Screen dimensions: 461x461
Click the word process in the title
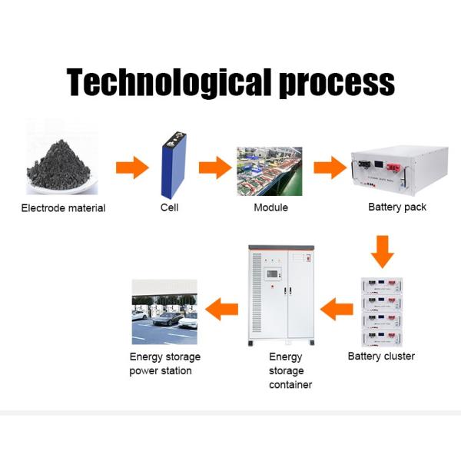coord(337,83)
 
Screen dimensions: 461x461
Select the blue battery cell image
coord(173,165)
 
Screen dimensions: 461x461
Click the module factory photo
coord(268,169)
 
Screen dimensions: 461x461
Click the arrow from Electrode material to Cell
coord(132,167)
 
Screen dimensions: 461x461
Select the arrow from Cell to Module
coord(215,167)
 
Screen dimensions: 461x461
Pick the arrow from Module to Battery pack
coord(330,167)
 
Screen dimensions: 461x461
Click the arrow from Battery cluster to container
coord(337,310)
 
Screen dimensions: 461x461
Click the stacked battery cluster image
coord(382,313)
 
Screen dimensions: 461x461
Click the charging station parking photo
coord(164,311)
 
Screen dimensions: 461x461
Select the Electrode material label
coord(63,208)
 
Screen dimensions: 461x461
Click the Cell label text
coord(170,208)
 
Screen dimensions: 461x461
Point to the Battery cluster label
coord(381,356)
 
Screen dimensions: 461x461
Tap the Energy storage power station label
coord(164,363)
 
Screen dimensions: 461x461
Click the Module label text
coord(270,208)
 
